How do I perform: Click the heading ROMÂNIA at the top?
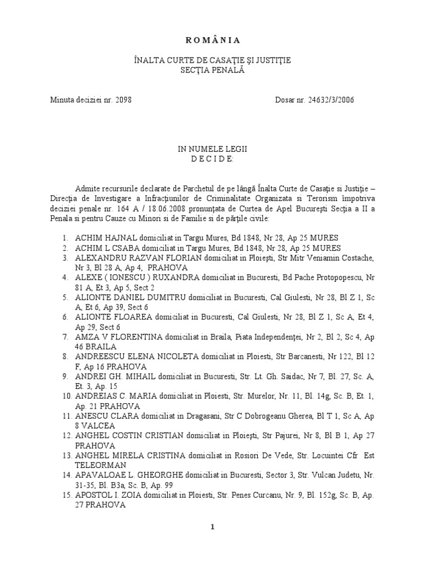tap(212, 40)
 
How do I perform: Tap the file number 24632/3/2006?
tap(326, 100)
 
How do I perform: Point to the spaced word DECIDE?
tap(212, 159)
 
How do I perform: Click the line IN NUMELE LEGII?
tap(212, 150)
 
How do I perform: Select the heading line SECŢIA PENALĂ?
tap(212, 70)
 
